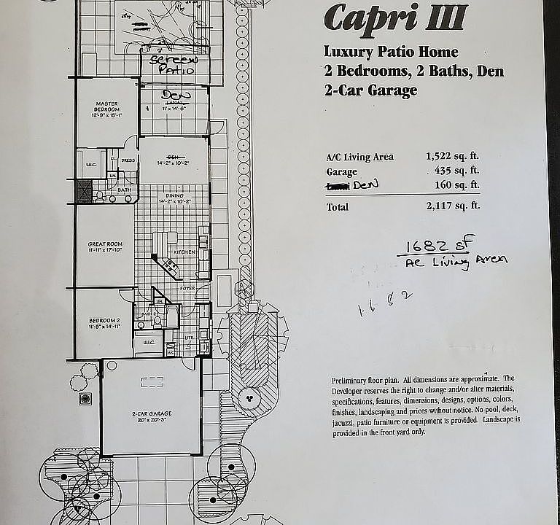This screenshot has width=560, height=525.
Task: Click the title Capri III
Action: point(395,18)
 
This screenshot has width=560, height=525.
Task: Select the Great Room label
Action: point(105,246)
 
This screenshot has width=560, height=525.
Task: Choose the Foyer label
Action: point(188,289)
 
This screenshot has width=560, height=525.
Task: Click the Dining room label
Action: point(174,195)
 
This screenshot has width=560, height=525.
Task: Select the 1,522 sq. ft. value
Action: point(453,156)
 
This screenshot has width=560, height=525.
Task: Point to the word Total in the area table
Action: point(338,207)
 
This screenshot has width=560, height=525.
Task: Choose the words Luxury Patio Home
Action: point(391,52)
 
